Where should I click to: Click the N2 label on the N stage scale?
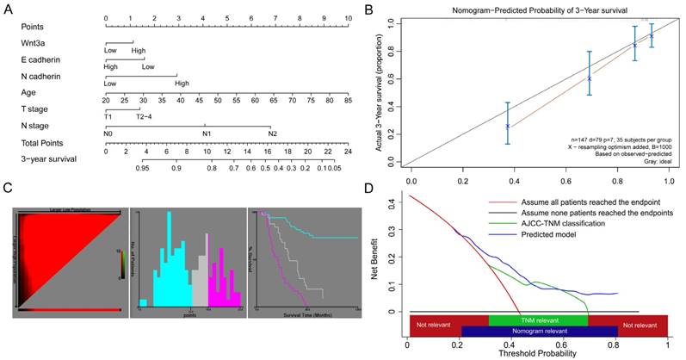click(x=272, y=133)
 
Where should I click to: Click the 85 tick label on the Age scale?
click(x=348, y=101)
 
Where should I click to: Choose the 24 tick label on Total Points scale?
click(x=348, y=151)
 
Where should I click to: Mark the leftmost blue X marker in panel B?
click(x=508, y=126)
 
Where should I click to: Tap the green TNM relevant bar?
click(x=539, y=320)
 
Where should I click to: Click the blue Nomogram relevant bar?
click(x=539, y=331)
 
